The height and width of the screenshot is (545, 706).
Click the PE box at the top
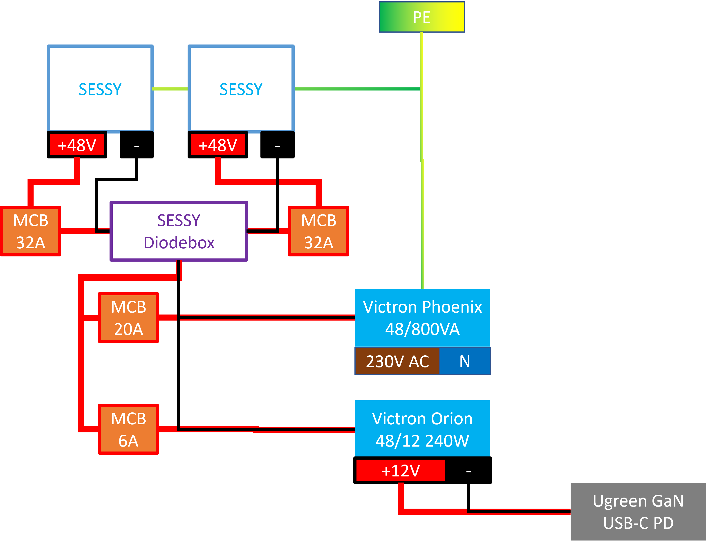[421, 17]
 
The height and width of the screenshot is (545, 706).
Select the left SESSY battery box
[100, 89]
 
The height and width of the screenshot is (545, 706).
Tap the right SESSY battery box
[241, 89]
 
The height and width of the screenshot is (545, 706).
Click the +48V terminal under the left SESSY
[77, 145]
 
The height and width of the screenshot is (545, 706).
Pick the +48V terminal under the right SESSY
[217, 145]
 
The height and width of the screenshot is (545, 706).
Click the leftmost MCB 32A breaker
[31, 231]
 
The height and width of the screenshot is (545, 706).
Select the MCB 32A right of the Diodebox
[318, 231]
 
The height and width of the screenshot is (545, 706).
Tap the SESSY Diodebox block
[179, 231]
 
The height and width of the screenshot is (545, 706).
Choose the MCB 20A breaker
[128, 318]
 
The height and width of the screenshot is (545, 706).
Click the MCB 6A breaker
[128, 429]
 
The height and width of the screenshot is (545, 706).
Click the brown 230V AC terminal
[397, 361]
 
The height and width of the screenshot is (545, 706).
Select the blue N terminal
[465, 361]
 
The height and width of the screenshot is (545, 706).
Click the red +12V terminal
[401, 470]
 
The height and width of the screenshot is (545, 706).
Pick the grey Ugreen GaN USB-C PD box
[638, 512]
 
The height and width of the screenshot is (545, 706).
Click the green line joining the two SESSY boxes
[170, 89]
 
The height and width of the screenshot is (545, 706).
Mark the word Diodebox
[179, 242]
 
